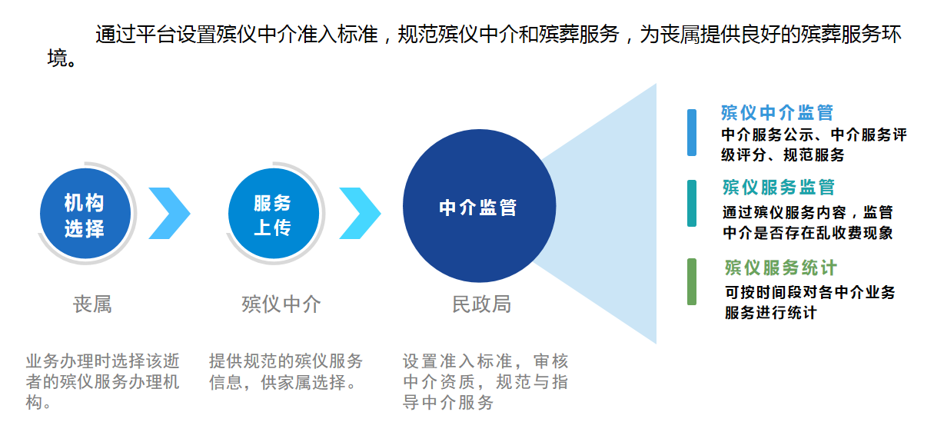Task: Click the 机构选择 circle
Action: pyautogui.click(x=84, y=215)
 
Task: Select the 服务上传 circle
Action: pyautogui.click(x=272, y=215)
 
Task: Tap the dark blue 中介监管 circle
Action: pyautogui.click(x=478, y=207)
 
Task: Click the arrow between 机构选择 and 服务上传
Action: pyautogui.click(x=169, y=213)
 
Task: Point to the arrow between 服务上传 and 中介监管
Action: pyautogui.click(x=360, y=213)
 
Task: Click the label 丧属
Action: pyautogui.click(x=92, y=304)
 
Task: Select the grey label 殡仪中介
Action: pyautogui.click(x=281, y=304)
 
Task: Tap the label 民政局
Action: pyautogui.click(x=480, y=304)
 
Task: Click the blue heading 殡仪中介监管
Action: pyautogui.click(x=777, y=113)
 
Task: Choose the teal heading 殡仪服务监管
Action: pyautogui.click(x=779, y=187)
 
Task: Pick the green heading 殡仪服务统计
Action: pyautogui.click(x=780, y=268)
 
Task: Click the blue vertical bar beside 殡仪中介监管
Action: pyautogui.click(x=692, y=132)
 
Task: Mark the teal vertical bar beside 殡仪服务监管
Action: pyautogui.click(x=692, y=204)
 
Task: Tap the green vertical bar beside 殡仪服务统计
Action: pyautogui.click(x=692, y=281)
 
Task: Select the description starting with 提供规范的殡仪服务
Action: pyautogui.click(x=285, y=371)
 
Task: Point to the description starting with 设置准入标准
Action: pyautogui.click(x=485, y=381)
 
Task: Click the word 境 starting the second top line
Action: pyautogui.click(x=58, y=58)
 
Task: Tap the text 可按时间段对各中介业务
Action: pyautogui.click(x=810, y=293)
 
